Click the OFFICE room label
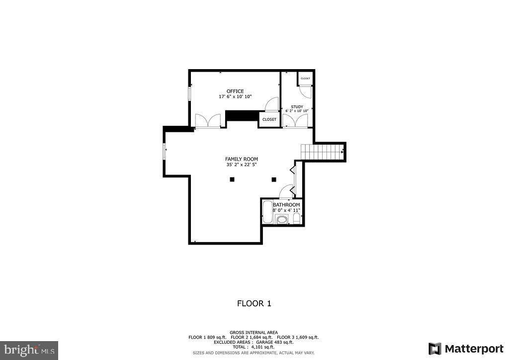pos(235,91)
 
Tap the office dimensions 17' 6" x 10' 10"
pos(235,96)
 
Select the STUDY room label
pos(297,106)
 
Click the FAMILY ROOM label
pos(241,159)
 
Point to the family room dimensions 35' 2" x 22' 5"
pos(241,165)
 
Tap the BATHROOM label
pos(286,205)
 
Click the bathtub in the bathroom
pos(266,211)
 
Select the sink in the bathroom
pos(282,219)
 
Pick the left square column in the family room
pos(232,180)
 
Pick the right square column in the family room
pos(273,180)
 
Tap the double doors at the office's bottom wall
pos(208,121)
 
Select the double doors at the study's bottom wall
pos(295,120)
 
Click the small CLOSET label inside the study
pos(305,79)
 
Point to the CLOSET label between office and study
pos(269,119)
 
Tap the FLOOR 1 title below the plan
pos(254,303)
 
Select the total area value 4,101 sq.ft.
pos(261,347)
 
